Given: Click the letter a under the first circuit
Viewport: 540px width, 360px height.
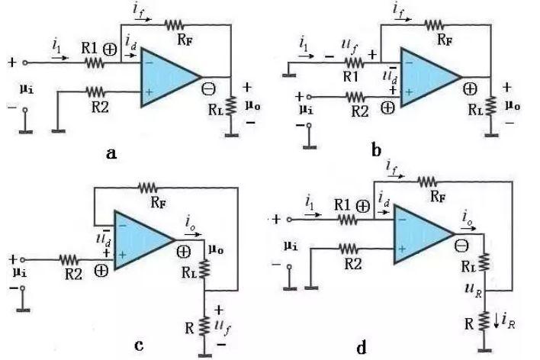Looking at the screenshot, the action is coord(111,153).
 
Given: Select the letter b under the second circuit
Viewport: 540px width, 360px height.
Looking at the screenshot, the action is coord(377,150).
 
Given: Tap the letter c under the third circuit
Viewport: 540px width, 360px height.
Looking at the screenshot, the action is coord(139,345).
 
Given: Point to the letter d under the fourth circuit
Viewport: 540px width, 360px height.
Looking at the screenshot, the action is coord(362,347).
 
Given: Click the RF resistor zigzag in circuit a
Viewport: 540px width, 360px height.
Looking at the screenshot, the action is coord(174,25).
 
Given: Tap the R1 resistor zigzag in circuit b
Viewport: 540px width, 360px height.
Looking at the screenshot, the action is coord(355,63).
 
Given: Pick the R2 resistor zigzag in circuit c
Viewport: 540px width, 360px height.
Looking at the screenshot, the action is coord(69,260).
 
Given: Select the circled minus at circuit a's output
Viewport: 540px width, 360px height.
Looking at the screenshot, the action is coord(208,89).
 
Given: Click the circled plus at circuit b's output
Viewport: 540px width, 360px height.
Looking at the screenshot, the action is coord(470,89).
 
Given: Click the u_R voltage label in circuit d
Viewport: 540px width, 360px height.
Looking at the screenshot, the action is coord(474,289).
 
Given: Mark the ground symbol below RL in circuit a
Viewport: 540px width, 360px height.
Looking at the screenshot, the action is coord(232,136).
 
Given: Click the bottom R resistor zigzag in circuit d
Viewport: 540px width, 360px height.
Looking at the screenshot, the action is coord(484,321).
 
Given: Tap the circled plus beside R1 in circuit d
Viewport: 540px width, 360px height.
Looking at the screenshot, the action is coord(362,206).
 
